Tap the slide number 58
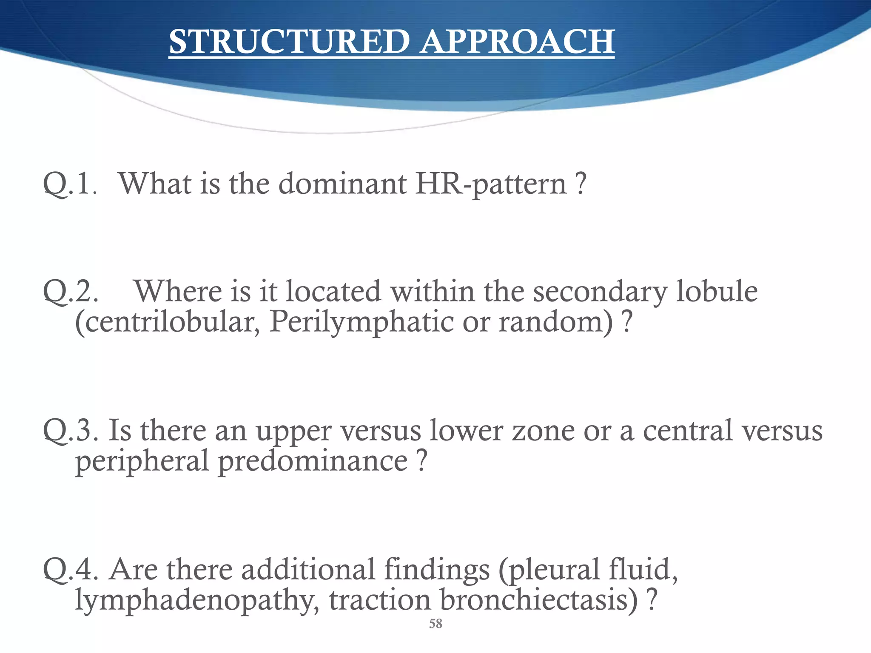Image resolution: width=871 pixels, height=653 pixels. (x=435, y=624)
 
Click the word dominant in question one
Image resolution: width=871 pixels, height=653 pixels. (x=342, y=184)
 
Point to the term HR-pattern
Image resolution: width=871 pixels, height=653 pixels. (x=491, y=184)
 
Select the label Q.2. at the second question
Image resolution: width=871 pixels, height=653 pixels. (x=71, y=292)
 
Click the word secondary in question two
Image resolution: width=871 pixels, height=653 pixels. (x=600, y=292)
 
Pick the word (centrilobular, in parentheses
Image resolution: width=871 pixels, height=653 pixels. (x=168, y=321)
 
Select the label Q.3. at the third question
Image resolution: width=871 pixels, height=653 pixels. (x=71, y=430)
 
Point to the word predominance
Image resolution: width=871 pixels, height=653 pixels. (x=313, y=461)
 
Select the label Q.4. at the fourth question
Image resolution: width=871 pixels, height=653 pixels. (x=71, y=569)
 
